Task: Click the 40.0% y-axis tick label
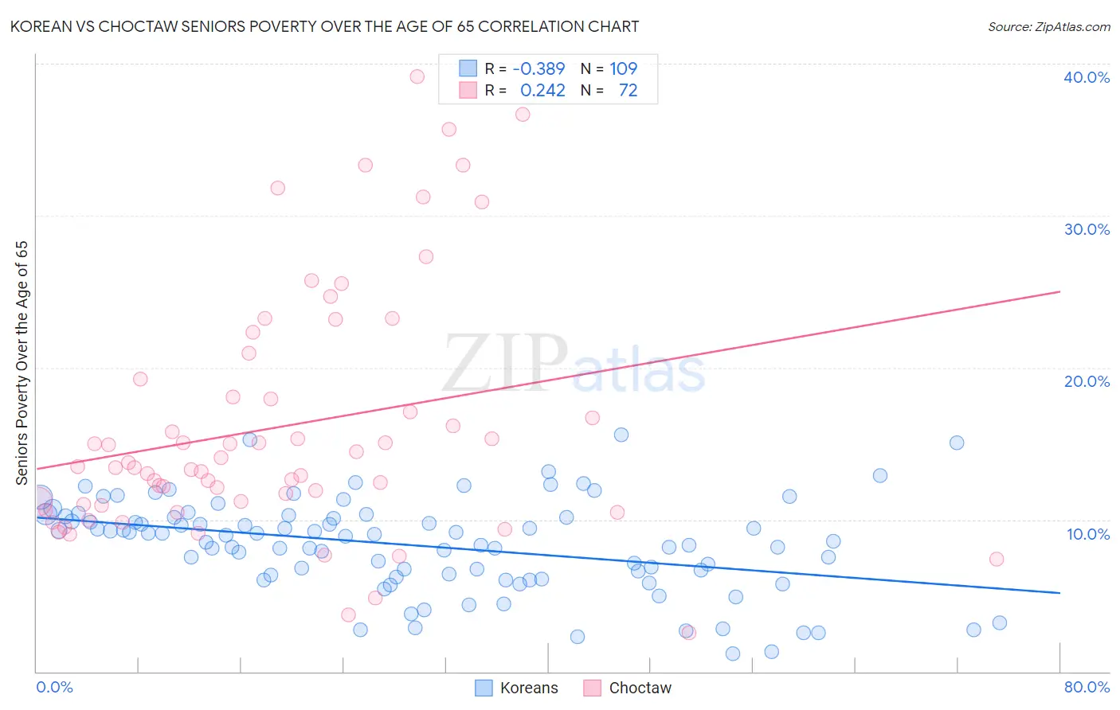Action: (1086, 77)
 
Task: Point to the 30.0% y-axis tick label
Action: (1086, 229)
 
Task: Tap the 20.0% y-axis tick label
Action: (1086, 381)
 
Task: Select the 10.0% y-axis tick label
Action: (1087, 534)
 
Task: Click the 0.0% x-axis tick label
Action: (54, 687)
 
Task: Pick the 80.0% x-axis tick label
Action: (1087, 687)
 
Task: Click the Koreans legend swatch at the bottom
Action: (484, 688)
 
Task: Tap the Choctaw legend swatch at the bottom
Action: (592, 688)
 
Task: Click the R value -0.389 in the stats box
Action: (538, 69)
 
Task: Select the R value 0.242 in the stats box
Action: (542, 91)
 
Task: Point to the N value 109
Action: (623, 69)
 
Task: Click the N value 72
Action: (628, 91)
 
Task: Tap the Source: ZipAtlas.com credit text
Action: (1048, 26)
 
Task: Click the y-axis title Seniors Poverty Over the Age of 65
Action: (22, 363)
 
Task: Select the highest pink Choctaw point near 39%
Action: (417, 76)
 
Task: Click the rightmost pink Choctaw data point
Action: (996, 559)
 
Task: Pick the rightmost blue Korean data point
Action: (999, 622)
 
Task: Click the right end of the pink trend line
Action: (1059, 291)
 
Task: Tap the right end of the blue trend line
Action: (1059, 593)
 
